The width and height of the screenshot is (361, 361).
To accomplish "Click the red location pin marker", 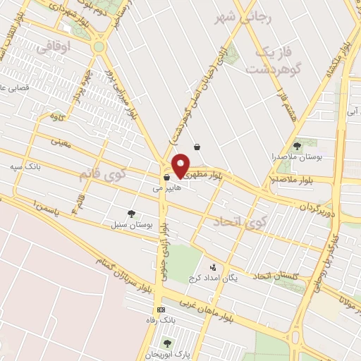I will click(x=181, y=165).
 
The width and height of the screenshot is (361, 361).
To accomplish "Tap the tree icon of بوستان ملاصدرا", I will click(x=298, y=145).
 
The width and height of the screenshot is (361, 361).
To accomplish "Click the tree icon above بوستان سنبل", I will click(x=131, y=213).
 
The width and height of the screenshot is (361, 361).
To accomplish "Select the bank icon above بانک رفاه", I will click(x=161, y=310).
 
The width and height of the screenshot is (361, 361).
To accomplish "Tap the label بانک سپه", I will click(x=22, y=167).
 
